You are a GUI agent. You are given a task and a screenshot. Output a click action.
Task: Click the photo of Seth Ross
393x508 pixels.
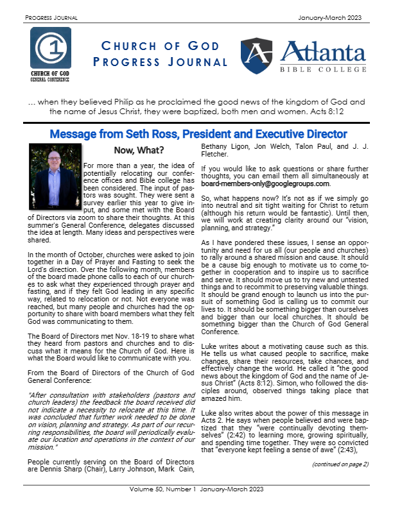[x=55, y=169]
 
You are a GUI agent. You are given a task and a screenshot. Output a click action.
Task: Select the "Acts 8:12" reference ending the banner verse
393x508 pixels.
[x=344, y=111]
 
